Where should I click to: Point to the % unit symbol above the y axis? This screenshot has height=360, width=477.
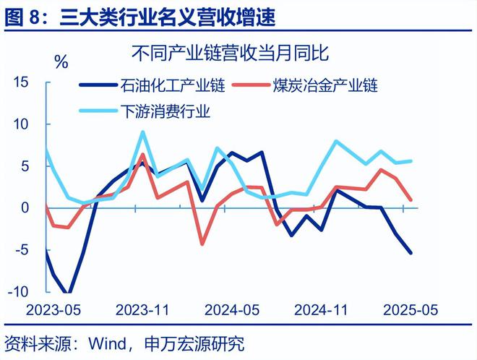pos(61,63)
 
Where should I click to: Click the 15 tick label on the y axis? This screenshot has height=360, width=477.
pos(20,83)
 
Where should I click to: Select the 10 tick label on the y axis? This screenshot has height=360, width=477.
pos(20,124)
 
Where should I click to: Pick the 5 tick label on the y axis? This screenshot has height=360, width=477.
pos(24,166)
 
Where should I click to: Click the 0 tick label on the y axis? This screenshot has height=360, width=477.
pos(24,208)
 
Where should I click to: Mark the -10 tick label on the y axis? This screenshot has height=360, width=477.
pos(18,291)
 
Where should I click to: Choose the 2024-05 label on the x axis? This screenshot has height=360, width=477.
pos(231,310)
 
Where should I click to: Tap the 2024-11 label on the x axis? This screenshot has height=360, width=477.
pos(322,310)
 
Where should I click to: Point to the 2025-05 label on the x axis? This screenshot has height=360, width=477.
pos(411,310)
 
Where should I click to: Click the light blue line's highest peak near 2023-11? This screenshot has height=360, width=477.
pos(142,132)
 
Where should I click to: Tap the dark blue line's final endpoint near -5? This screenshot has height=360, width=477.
pos(411,252)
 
